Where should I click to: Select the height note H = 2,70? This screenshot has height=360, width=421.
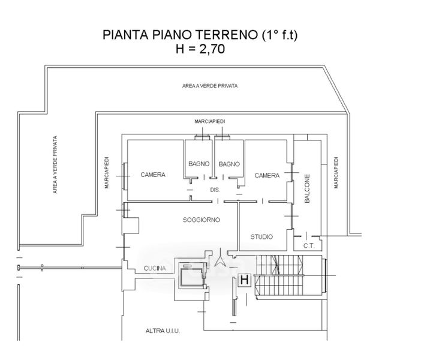tap(200, 50)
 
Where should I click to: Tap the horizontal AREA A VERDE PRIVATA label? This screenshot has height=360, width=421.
tap(209, 86)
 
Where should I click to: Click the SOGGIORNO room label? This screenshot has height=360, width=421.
tap(201, 220)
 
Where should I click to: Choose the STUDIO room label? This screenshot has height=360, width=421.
tap(261, 236)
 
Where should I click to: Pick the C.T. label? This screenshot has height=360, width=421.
tap(309, 245)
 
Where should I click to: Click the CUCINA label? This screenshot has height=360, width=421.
tap(155, 268)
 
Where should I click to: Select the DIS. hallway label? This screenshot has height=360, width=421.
tap(215, 190)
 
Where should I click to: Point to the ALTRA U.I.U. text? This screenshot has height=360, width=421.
tap(163, 331)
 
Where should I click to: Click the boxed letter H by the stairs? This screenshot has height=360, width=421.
tap(245, 280)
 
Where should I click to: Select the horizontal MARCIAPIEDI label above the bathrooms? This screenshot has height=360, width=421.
tap(210, 121)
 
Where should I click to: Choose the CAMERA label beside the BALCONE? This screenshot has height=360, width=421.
tap(267, 175)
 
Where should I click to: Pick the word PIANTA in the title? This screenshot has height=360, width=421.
tap(125, 35)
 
